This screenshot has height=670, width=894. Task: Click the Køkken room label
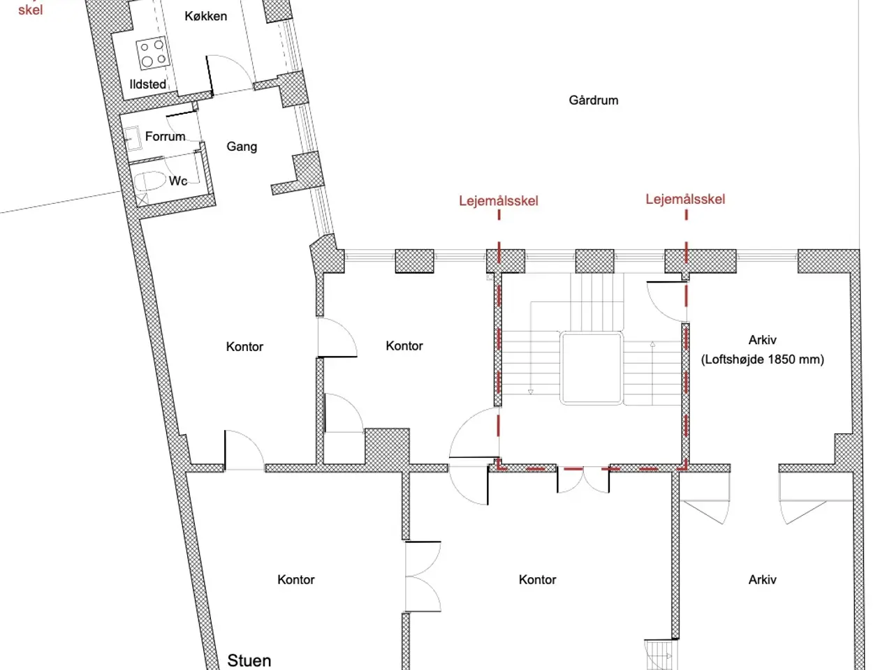[205, 16]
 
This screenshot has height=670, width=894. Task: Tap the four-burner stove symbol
[153, 53]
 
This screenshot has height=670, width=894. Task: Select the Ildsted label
[148, 84]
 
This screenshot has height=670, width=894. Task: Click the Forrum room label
[165, 136]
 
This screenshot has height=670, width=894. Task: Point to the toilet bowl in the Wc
[149, 181]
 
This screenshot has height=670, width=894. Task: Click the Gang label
[242, 147]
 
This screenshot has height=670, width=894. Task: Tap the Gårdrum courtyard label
[594, 100]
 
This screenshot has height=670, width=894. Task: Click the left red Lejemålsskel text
[499, 200]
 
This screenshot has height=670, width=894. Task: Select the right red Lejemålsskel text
[685, 199]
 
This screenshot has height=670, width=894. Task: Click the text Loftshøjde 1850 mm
[762, 359]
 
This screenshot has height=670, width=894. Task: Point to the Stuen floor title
[249, 660]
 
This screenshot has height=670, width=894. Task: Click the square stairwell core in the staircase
[591, 368]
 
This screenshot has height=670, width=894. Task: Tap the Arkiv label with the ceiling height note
[762, 340]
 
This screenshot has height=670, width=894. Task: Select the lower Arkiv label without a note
[762, 579]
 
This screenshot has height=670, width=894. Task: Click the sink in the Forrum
[132, 138]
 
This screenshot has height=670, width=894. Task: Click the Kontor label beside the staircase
[404, 345]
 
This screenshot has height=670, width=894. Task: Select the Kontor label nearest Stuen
[295, 579]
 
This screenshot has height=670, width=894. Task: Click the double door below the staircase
[583, 480]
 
